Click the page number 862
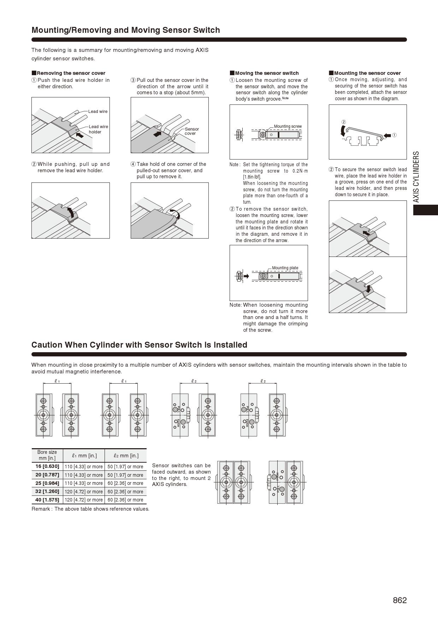click(x=399, y=600)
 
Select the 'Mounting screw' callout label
click(x=288, y=126)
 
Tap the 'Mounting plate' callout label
click(x=285, y=268)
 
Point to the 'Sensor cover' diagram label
click(x=191, y=131)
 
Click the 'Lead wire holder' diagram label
click(x=98, y=129)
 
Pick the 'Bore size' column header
click(x=47, y=455)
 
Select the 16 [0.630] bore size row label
click(x=47, y=466)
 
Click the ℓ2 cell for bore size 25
click(x=125, y=483)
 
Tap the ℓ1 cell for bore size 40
click(x=84, y=500)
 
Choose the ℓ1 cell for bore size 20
click(x=84, y=475)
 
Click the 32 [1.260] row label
click(x=47, y=491)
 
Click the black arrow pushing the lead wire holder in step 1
click(x=80, y=135)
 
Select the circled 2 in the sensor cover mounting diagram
click(x=343, y=122)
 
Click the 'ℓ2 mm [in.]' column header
click(x=125, y=455)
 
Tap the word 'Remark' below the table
click(x=41, y=509)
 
